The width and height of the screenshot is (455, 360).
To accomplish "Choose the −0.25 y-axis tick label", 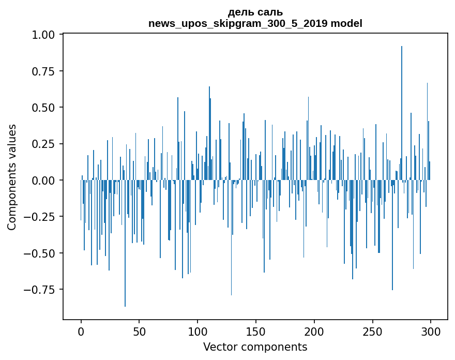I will pyautogui.click(x=44, y=217).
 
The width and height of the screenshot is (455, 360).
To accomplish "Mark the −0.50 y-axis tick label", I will pyautogui.click(x=44, y=253).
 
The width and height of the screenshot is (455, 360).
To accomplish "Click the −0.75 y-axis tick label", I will pyautogui.click(x=44, y=290).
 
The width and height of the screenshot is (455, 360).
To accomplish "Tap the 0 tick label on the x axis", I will pyautogui.click(x=81, y=331).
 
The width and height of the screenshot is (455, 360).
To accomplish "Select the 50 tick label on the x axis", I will pyautogui.click(x=139, y=331).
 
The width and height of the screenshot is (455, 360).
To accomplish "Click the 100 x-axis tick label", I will pyautogui.click(x=198, y=331).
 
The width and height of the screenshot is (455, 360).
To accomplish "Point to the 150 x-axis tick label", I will pyautogui.click(x=256, y=331).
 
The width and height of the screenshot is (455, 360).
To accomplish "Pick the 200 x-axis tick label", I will pyautogui.click(x=314, y=331).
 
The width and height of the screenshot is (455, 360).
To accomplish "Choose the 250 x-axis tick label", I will pyautogui.click(x=372, y=331).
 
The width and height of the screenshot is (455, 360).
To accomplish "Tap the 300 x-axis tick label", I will pyautogui.click(x=431, y=331).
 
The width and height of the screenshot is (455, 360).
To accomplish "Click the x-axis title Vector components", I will pyautogui.click(x=255, y=347).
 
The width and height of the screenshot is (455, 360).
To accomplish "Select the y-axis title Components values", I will pyautogui.click(x=12, y=177).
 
